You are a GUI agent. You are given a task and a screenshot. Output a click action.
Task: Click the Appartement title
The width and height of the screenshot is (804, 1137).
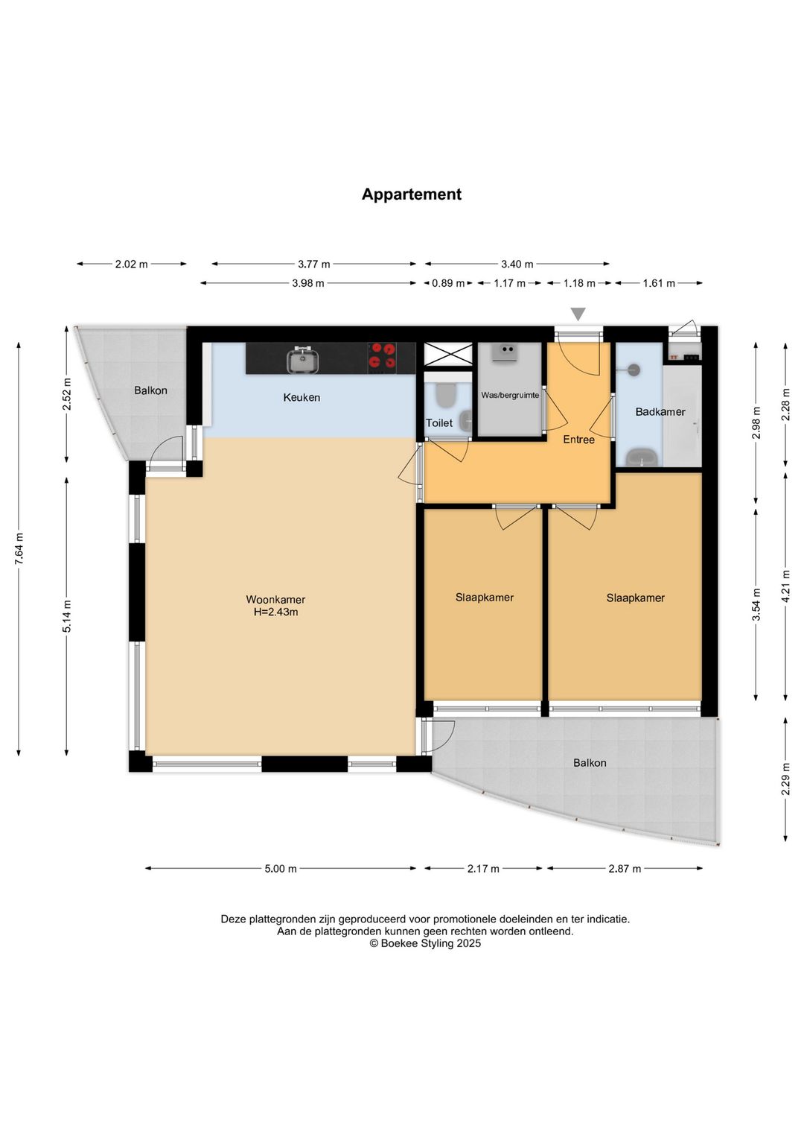[412, 194]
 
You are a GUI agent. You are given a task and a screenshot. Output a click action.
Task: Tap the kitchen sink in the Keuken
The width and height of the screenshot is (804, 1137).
[303, 359]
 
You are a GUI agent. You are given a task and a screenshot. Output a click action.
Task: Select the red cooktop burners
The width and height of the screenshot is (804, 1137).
[382, 355]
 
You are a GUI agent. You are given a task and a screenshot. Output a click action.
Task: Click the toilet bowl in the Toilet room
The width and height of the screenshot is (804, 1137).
[447, 396]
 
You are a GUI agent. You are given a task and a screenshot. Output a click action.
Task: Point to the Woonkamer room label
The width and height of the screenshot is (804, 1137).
[275, 599]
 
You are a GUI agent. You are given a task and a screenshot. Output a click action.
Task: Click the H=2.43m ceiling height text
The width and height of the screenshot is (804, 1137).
[276, 612]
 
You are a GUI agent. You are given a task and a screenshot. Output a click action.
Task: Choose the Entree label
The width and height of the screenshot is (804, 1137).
[578, 440]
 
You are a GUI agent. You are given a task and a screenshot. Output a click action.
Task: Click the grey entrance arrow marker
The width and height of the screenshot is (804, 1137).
[578, 314]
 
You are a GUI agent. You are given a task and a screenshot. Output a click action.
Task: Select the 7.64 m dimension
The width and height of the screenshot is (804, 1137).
[19, 548]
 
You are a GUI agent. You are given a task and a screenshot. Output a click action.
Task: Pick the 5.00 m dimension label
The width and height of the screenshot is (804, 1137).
[281, 869]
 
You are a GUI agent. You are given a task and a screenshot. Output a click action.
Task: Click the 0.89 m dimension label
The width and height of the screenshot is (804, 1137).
[448, 283]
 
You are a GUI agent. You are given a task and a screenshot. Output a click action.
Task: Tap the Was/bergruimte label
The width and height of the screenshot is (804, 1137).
[510, 395]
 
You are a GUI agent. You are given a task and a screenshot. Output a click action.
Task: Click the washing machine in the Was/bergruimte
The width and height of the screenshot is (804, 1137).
[505, 352]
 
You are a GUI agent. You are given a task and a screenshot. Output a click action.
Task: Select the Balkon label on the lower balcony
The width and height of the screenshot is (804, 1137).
[590, 762]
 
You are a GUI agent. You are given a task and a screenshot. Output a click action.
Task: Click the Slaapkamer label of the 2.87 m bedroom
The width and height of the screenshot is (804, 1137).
[635, 598]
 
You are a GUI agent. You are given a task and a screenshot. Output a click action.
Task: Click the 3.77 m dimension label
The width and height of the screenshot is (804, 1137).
[313, 264]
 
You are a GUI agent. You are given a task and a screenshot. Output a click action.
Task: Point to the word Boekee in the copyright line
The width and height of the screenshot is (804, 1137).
[399, 943]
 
